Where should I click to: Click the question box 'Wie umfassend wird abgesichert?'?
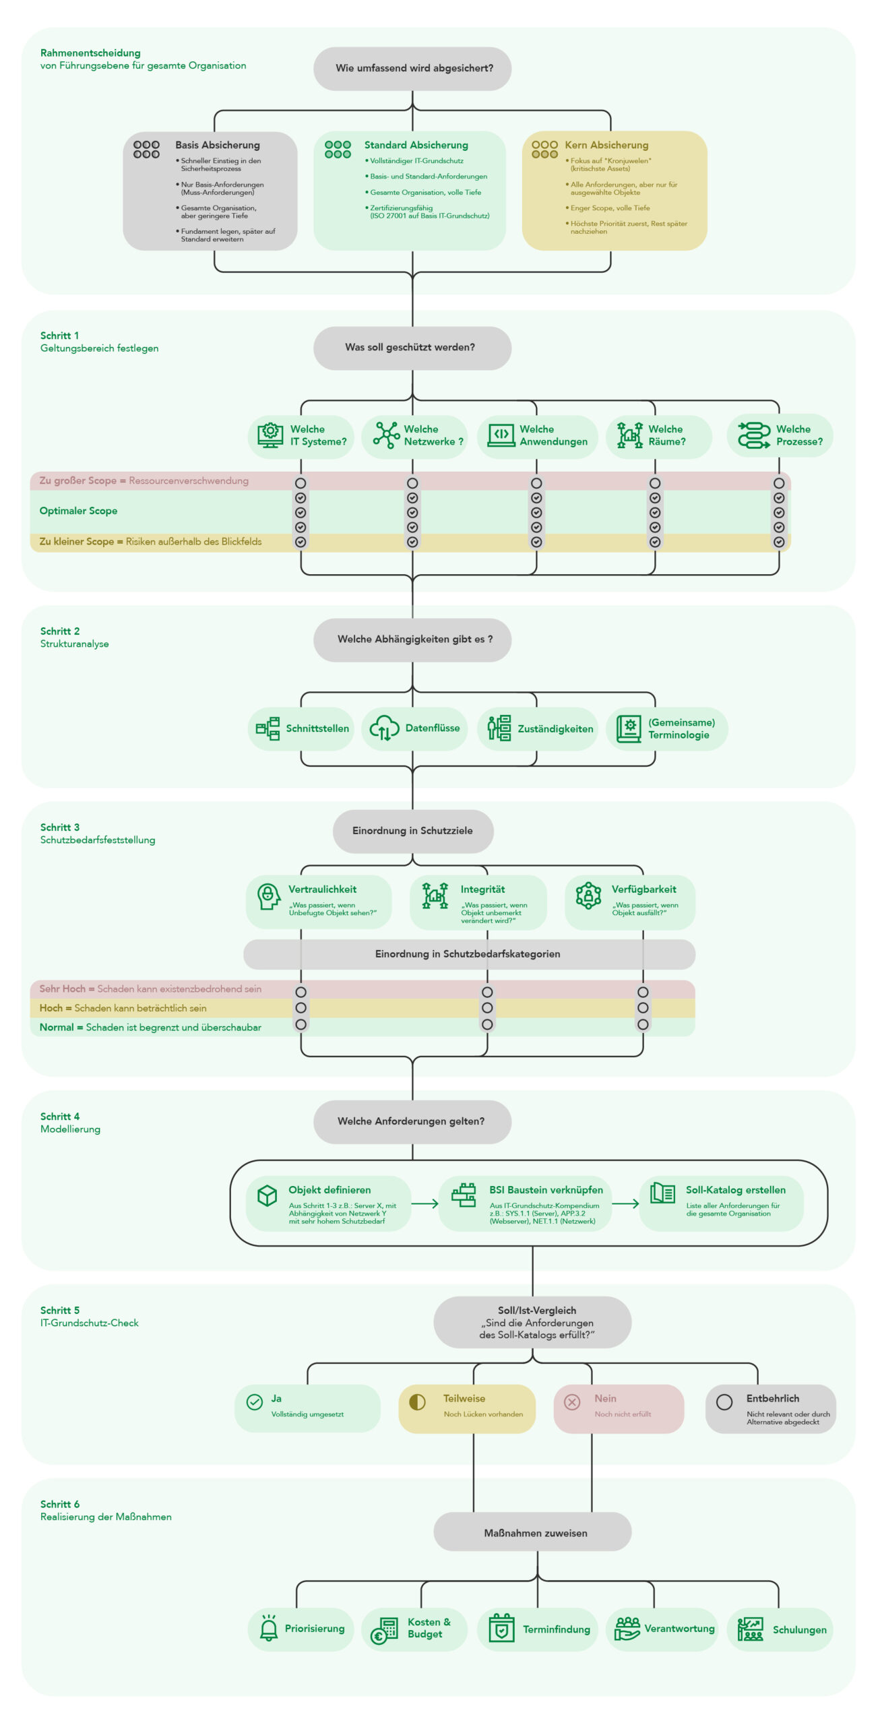pos(412,68)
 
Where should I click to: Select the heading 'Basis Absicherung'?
pos(217,145)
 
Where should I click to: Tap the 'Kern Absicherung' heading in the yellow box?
pos(606,145)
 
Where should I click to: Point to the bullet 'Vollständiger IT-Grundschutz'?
pos(416,161)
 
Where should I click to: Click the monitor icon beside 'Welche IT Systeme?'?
pos(270,435)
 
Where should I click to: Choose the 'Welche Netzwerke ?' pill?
pos(414,435)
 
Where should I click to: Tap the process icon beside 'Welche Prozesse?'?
pos(753,435)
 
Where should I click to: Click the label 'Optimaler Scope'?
pos(78,511)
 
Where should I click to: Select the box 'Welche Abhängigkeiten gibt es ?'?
pos(412,639)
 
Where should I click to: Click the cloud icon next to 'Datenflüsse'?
pos(384,728)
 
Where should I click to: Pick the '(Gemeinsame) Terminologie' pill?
pos(666,728)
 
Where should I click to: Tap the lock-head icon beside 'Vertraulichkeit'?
pos(268,896)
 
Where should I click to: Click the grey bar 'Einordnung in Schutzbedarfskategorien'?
pos(468,954)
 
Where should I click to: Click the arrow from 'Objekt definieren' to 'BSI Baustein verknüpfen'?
pos(425,1203)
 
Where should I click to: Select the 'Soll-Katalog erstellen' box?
pos(721,1203)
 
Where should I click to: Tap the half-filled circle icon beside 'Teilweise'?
pos(418,1402)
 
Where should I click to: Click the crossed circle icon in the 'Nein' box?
pos(572,1402)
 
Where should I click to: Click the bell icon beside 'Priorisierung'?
pos(269,1629)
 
